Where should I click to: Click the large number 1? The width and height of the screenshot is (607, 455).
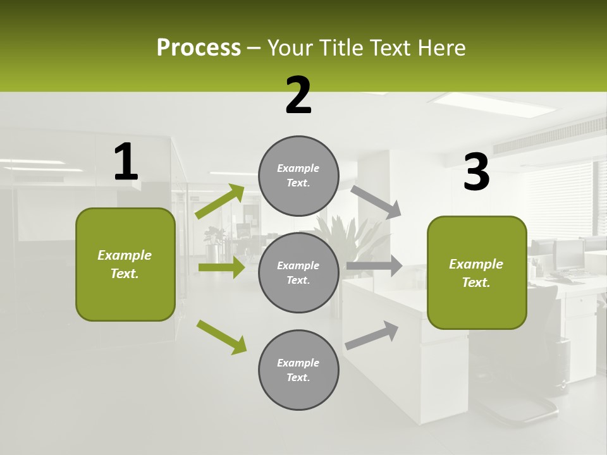(126, 162)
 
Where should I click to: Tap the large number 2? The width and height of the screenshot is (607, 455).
(298, 95)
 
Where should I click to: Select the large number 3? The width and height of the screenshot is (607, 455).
(476, 173)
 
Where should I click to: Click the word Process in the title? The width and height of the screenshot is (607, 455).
(199, 47)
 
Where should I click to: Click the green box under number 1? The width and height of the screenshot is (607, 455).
(125, 264)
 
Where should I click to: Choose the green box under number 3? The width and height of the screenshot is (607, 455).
(477, 272)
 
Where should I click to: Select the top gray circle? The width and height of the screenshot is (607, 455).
(298, 176)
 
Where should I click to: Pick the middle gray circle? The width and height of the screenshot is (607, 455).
(298, 272)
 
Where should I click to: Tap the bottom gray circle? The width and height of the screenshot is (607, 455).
(298, 370)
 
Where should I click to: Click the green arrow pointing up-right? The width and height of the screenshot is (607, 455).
(220, 202)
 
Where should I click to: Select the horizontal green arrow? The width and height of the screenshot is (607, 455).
(221, 267)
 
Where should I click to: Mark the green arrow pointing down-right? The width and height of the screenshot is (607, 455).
(221, 337)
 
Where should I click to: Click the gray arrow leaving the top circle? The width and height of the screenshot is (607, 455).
(376, 202)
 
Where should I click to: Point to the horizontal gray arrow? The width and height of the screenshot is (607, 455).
(374, 265)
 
